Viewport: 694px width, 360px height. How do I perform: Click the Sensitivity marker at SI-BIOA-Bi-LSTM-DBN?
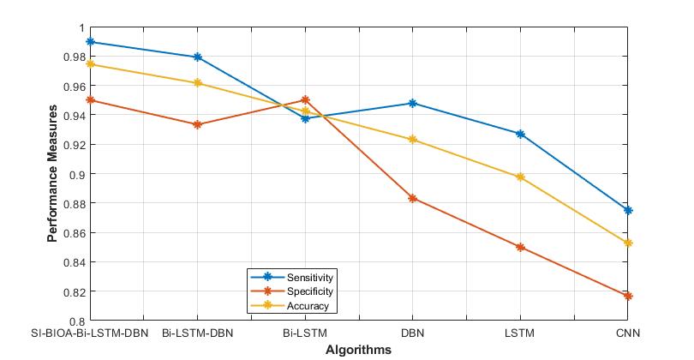pyautogui.click(x=90, y=42)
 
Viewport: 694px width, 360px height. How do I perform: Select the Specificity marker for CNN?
pyautogui.click(x=628, y=296)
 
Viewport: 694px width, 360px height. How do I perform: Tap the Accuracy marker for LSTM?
pyautogui.click(x=520, y=177)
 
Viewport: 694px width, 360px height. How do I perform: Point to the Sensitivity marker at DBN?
pyautogui.click(x=413, y=103)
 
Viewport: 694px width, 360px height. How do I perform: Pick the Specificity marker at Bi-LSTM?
pyautogui.click(x=305, y=100)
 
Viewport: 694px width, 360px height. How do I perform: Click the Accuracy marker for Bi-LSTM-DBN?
pyautogui.click(x=198, y=83)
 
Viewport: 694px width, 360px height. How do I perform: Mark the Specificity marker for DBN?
pyautogui.click(x=413, y=198)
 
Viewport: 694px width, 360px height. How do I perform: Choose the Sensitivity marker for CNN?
pyautogui.click(x=628, y=210)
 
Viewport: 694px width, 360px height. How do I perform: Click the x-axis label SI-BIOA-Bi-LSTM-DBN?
pyautogui.click(x=90, y=333)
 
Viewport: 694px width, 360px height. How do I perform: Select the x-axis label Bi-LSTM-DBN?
pyautogui.click(x=198, y=333)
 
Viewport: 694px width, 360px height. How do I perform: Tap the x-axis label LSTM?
pyautogui.click(x=520, y=333)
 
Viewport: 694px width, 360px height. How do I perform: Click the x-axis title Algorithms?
pyautogui.click(x=358, y=350)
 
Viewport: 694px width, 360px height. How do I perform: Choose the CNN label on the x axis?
pyautogui.click(x=628, y=333)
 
